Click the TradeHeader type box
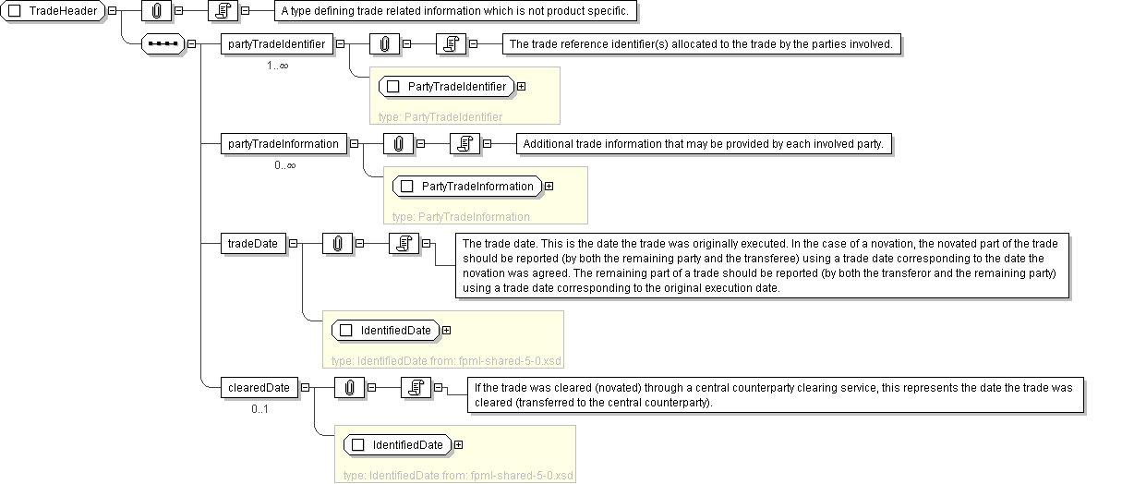coord(53,11)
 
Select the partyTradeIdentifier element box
coord(276,44)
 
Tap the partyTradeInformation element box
coord(284,144)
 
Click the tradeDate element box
coord(253,244)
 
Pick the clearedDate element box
coord(259,388)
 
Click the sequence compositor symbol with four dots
coord(163,44)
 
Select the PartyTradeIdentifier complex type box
coord(447,87)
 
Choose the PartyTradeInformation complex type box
coord(467,187)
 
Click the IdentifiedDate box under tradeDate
coord(386,331)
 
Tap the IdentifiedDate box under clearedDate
coord(398,445)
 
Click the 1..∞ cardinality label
coord(277,66)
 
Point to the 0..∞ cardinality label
coord(285,165)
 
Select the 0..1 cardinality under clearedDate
coord(260,409)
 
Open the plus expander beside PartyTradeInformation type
coord(549,187)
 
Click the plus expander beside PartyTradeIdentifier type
coord(522,87)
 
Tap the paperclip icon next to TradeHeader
coord(156,11)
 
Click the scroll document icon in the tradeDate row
coord(404,244)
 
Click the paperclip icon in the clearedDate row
coord(349,388)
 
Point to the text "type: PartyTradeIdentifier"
coord(440,117)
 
